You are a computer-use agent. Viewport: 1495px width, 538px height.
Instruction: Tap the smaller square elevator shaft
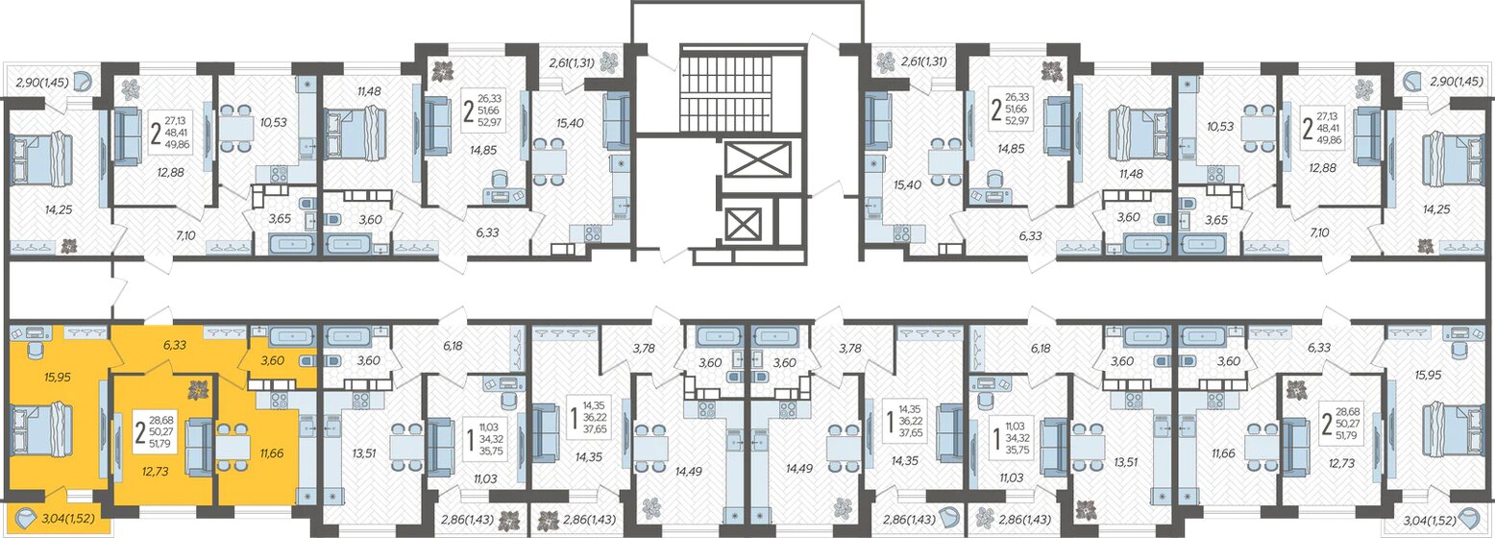(x=743, y=224)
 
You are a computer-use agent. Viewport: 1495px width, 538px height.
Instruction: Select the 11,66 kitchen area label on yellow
(x=267, y=450)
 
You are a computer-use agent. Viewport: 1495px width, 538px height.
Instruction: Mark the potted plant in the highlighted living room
(x=200, y=390)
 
